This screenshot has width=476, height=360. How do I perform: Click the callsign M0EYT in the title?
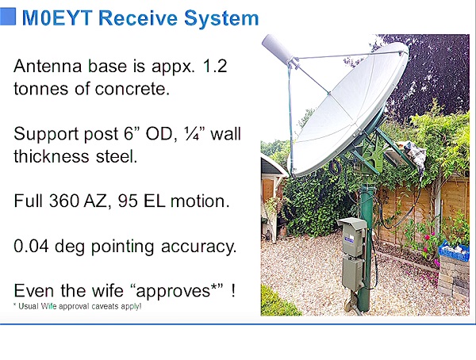pyautogui.click(x=57, y=18)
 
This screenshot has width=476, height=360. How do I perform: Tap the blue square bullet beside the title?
pyautogui.click(x=8, y=17)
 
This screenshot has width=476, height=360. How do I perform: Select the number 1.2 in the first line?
pyautogui.click(x=215, y=66)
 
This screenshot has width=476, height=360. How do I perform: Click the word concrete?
pyautogui.click(x=132, y=89)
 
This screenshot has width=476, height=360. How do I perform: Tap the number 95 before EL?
pyautogui.click(x=128, y=201)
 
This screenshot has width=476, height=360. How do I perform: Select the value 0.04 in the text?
pyautogui.click(x=31, y=246)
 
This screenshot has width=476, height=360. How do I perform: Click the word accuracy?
pyautogui.click(x=198, y=247)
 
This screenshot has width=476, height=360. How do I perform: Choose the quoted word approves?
pyautogui.click(x=173, y=291)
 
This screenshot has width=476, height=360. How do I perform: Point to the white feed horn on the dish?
pyautogui.click(x=278, y=49)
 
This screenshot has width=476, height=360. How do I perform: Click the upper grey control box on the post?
pyautogui.click(x=352, y=236)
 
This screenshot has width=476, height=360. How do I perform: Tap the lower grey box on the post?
pyautogui.click(x=354, y=274)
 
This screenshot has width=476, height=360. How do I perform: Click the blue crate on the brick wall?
pyautogui.click(x=454, y=251)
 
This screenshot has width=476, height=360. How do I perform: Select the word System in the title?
pyautogui.click(x=221, y=18)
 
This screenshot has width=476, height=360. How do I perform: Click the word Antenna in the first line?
pyautogui.click(x=48, y=66)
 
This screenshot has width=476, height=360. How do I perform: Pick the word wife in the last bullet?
pyautogui.click(x=107, y=291)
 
